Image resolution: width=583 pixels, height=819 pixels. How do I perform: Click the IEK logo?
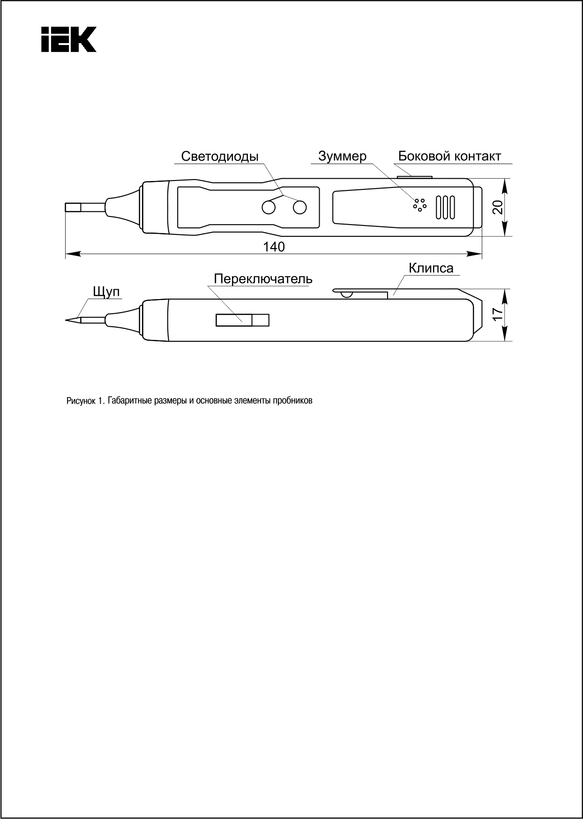pyautogui.click(x=68, y=38)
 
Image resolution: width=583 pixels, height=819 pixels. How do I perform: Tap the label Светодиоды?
pyautogui.click(x=219, y=157)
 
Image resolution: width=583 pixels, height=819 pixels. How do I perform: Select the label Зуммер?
pyautogui.click(x=342, y=156)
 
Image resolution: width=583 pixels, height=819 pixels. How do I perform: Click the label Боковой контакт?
pyautogui.click(x=449, y=156)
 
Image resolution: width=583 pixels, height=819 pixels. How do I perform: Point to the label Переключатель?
pyautogui.click(x=263, y=279)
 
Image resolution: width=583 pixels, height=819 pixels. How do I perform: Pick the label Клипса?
pyautogui.click(x=431, y=268)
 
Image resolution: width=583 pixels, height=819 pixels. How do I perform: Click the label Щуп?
pyautogui.click(x=106, y=292)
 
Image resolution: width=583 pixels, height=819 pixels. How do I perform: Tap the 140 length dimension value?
pyautogui.click(x=274, y=247)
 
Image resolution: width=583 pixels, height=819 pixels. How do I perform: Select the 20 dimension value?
pyautogui.click(x=498, y=207)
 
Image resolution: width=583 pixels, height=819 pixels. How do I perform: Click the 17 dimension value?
pyautogui.click(x=498, y=313)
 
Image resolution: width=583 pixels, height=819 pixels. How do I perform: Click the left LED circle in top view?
pyautogui.click(x=269, y=207)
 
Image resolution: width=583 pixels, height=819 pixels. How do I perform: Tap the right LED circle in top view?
pyautogui.click(x=299, y=207)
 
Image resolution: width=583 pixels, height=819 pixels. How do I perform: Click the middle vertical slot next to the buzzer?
pyautogui.click(x=445, y=207)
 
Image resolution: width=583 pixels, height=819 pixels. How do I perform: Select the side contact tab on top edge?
pyautogui.click(x=414, y=177)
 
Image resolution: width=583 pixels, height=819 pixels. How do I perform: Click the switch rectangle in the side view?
pyautogui.click(x=242, y=320)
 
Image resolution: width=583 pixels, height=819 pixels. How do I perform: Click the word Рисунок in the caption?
pyautogui.click(x=81, y=401)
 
